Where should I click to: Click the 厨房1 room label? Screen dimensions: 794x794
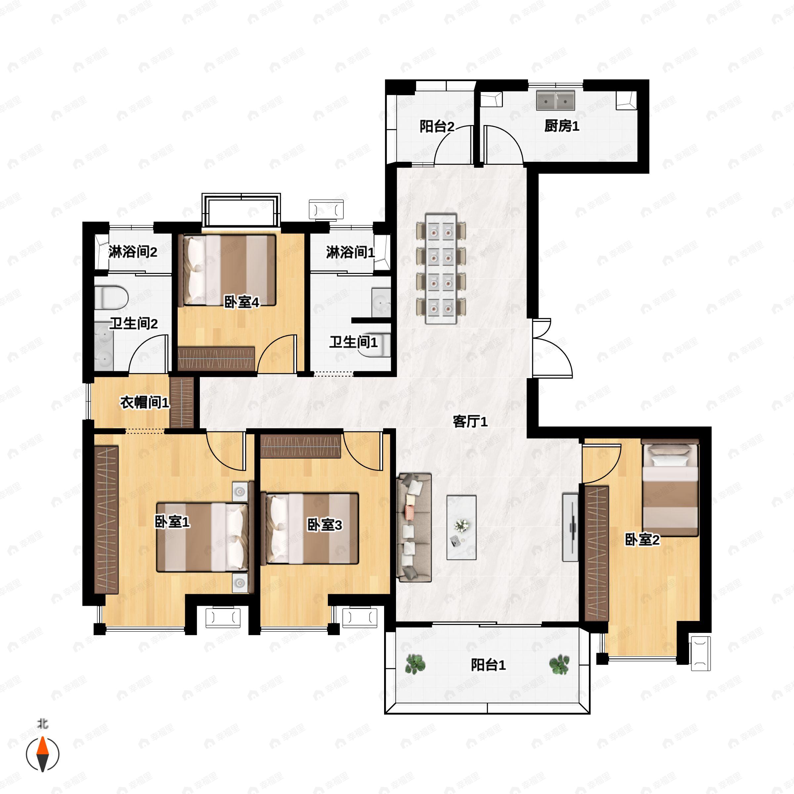point(561,126)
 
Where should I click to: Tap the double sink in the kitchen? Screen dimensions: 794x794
point(555,100)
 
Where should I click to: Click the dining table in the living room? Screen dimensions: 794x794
point(441,268)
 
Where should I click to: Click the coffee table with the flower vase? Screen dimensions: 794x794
point(462,528)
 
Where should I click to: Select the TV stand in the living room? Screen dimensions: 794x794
point(570,527)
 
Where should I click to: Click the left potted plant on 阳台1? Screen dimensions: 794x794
point(415,664)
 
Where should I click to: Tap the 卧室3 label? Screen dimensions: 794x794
point(325,525)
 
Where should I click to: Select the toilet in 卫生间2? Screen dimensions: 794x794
point(111,297)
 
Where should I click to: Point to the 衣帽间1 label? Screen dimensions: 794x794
point(145,402)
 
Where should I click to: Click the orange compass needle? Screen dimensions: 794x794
point(43,754)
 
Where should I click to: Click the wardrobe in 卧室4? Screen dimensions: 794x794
point(216,359)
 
